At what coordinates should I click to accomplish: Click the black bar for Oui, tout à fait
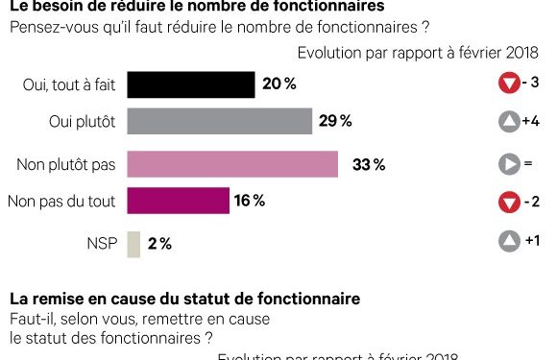(190, 84)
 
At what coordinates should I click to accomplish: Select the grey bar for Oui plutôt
(220, 121)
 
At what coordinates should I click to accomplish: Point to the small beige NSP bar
(133, 244)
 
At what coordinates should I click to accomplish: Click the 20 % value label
(278, 84)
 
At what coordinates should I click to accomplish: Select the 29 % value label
(336, 121)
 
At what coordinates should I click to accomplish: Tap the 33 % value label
(368, 164)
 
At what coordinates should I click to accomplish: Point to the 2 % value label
(159, 244)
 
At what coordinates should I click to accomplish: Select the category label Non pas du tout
(61, 201)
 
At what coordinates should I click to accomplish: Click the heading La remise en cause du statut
(184, 299)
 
